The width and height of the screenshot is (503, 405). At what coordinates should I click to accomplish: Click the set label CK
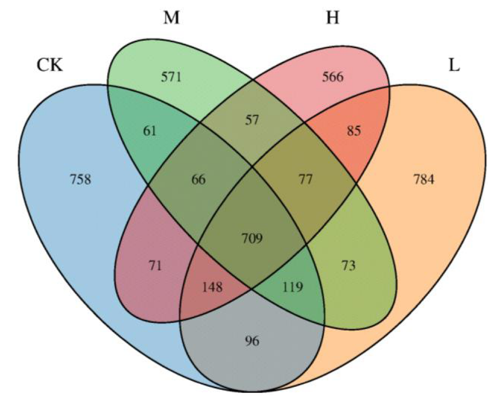[x=49, y=66]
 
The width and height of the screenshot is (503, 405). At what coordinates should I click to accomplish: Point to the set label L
[x=454, y=66]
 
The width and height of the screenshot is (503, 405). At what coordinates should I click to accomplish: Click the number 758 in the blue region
[x=81, y=179]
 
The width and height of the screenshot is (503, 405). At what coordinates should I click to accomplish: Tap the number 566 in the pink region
[x=332, y=77]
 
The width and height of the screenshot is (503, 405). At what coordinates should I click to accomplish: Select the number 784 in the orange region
[x=423, y=179]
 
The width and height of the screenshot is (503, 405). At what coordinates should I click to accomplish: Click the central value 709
[x=252, y=238]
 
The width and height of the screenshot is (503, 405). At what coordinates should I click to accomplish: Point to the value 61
[x=150, y=132]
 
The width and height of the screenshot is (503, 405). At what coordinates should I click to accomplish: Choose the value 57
[x=252, y=121]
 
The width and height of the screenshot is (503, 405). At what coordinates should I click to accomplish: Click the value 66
[x=199, y=180]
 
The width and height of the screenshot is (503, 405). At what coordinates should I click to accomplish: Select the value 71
[x=155, y=265]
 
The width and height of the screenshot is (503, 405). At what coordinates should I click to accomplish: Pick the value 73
[x=348, y=265]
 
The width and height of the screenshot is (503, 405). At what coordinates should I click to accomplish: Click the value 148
[x=211, y=288]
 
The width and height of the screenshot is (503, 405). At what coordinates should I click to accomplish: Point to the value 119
[x=293, y=288]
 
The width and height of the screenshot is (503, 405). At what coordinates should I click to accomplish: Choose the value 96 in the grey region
[x=252, y=342]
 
